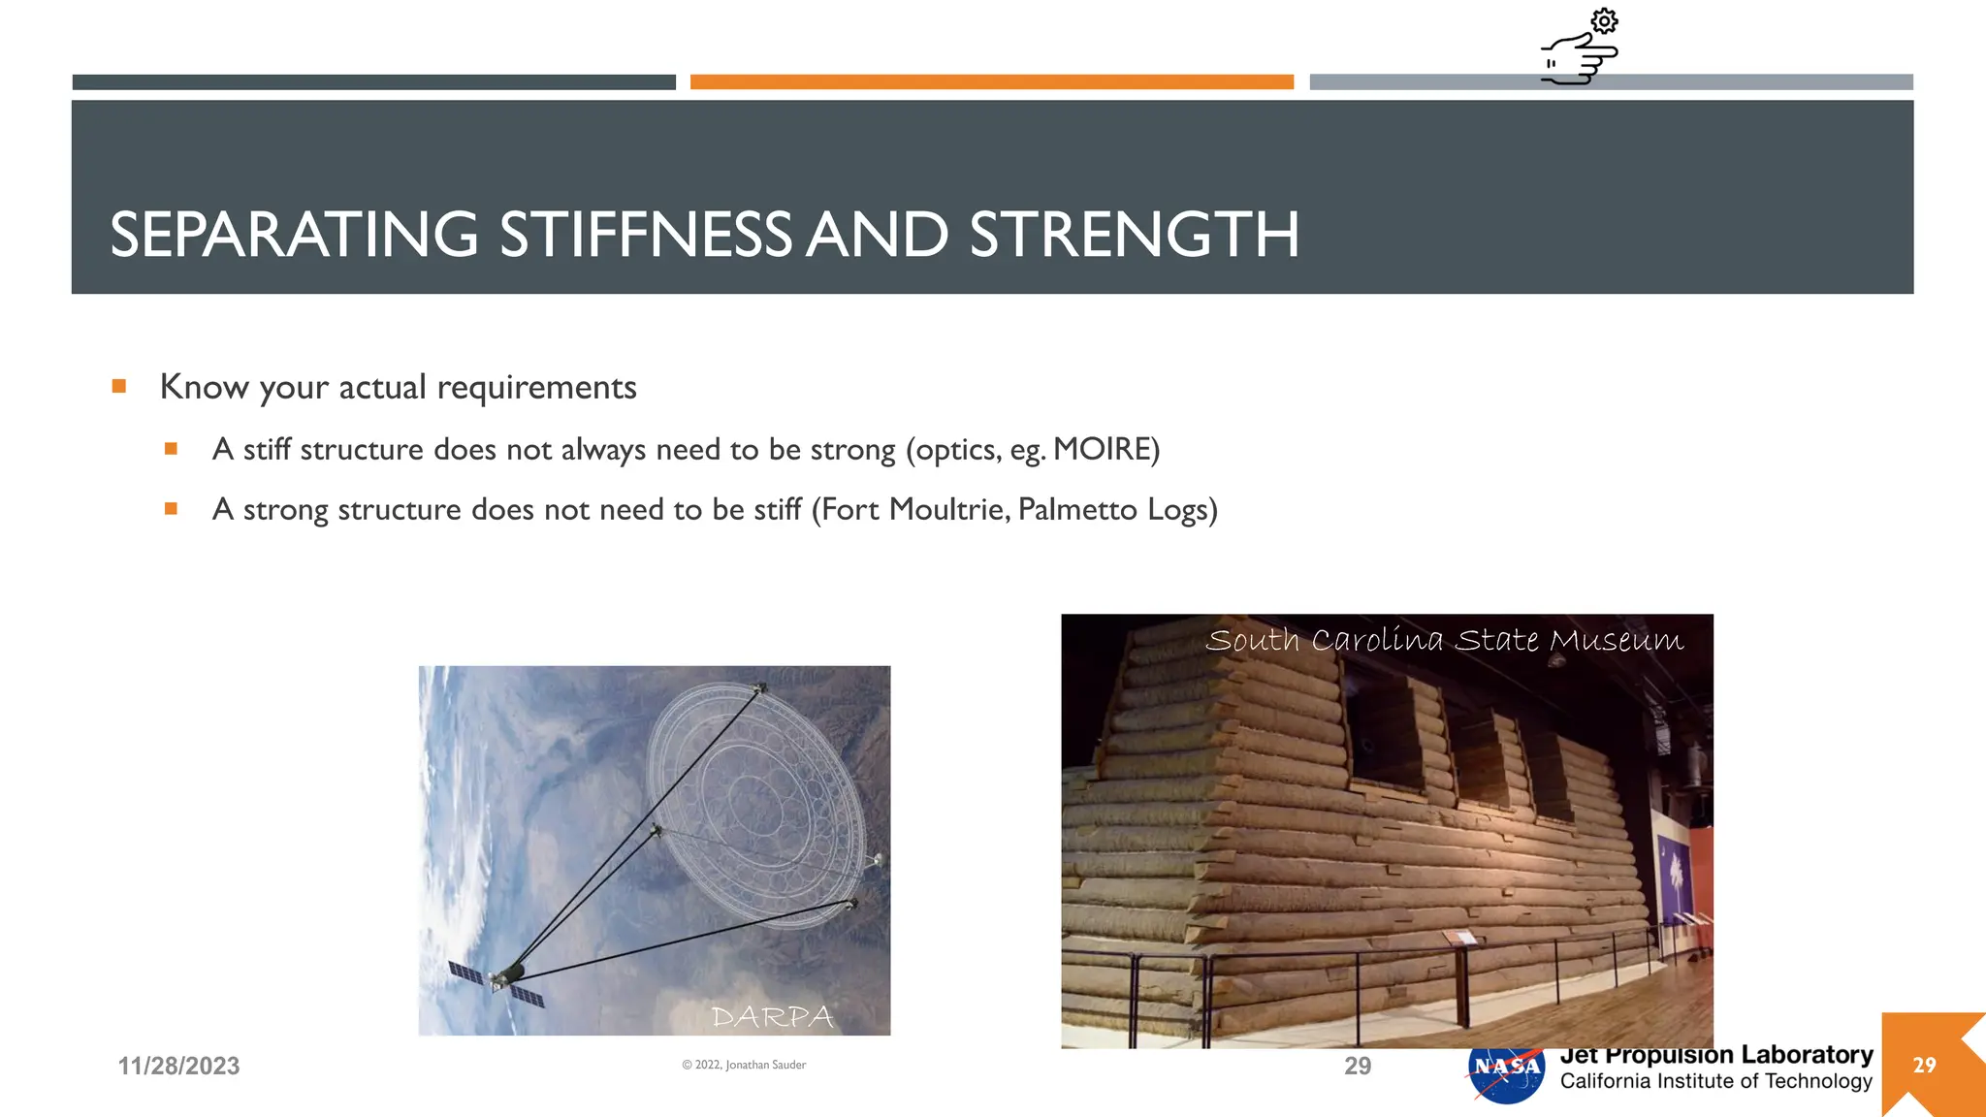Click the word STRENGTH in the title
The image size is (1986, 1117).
tap(1134, 235)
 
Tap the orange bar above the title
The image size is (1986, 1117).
tap(991, 82)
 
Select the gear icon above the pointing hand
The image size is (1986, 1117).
tap(1604, 21)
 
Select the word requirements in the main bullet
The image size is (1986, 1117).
tap(536, 387)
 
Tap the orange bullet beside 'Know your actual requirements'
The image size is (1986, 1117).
tap(119, 386)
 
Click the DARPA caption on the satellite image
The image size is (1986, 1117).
tap(772, 1016)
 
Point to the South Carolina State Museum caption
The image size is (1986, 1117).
tap(1444, 640)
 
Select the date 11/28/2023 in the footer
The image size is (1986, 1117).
tap(178, 1066)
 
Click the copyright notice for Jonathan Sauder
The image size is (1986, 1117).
tap(744, 1065)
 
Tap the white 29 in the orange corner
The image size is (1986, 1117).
tap(1924, 1065)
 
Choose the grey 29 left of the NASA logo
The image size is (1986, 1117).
tap(1358, 1066)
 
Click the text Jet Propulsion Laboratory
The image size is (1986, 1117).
tap(1715, 1055)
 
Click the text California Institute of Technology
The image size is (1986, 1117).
tap(1715, 1081)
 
